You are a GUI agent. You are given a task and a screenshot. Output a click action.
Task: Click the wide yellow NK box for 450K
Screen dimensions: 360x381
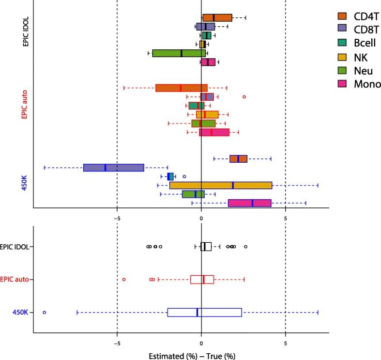(x=221, y=185)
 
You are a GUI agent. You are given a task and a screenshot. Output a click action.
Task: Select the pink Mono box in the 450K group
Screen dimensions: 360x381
(x=250, y=203)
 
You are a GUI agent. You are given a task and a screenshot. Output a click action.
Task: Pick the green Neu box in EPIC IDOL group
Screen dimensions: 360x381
(x=179, y=53)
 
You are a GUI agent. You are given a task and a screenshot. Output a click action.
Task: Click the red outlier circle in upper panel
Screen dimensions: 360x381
(x=244, y=97)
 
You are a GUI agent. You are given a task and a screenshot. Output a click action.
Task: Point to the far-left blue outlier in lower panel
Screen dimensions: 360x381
(x=45, y=313)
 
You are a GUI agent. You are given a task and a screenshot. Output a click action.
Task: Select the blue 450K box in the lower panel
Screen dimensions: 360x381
(x=204, y=313)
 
